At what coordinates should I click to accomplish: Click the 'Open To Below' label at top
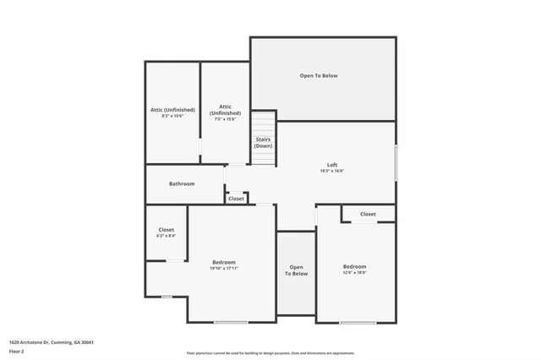pos(318,76)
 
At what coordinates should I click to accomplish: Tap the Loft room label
pos(332,164)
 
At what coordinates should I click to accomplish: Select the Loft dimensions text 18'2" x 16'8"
pos(332,171)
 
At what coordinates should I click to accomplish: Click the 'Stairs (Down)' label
pos(263,142)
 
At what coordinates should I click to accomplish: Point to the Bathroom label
pos(182,183)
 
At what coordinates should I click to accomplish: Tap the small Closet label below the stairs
pos(236,199)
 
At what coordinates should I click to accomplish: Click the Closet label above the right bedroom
pos(368,215)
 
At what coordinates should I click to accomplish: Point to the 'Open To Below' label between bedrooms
pos(296,270)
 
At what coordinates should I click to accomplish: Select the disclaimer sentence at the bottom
pos(270,353)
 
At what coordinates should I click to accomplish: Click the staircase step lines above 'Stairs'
pos(263,122)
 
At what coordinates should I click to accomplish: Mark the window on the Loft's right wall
pos(396,162)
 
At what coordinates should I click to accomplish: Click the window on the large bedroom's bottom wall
pos(230,322)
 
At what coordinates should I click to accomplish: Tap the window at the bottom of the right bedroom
pos(357,322)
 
